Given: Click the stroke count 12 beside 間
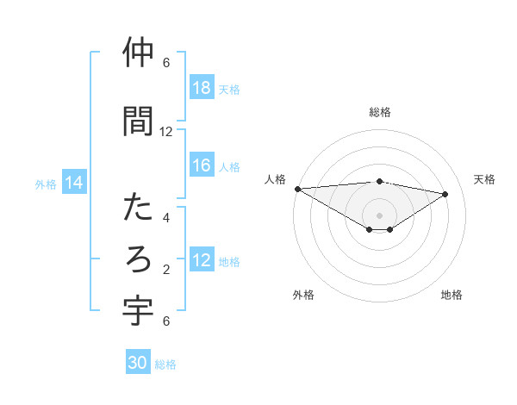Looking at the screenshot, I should coord(166,132).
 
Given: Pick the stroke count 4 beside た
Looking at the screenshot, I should coord(166,218).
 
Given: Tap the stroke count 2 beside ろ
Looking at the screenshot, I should coord(166,270).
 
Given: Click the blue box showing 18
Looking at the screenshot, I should coord(202,88).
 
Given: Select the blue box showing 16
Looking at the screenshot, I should coord(202,165).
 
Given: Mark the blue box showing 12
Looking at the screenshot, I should coord(202,260).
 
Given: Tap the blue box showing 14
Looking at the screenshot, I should coord(74,183).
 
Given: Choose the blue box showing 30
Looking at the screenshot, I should coord(138,364).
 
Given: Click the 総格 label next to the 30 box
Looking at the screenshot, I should coord(165,364).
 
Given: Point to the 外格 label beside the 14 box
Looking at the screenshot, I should coord(46,184).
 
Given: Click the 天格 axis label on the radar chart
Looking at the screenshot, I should coord(485,179).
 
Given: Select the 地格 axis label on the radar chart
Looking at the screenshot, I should coord(452,296).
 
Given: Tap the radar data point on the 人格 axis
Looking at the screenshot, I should coord(297,189).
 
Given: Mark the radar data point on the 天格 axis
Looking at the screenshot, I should coord(445,194).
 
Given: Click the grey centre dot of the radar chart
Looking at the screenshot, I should coord(379,215).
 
